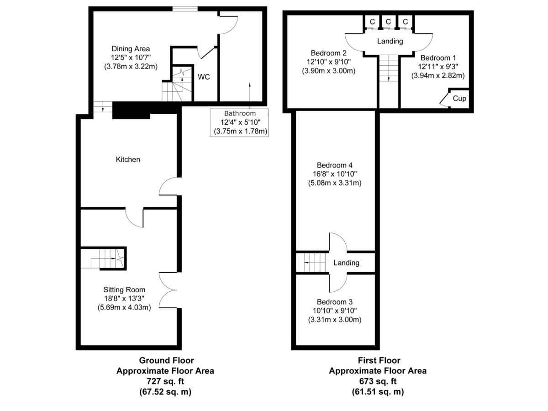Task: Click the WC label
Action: click(x=204, y=77)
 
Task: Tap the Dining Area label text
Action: click(x=131, y=48)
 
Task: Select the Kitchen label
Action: click(x=128, y=159)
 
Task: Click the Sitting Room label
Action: click(x=124, y=290)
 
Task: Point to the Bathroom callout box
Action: click(x=240, y=122)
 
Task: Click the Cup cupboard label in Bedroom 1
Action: click(x=459, y=98)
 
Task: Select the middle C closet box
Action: click(x=388, y=21)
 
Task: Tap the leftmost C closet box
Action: click(x=372, y=21)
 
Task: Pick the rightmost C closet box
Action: click(x=405, y=21)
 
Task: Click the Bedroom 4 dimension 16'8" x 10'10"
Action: click(x=335, y=174)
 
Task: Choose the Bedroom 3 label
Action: click(x=335, y=302)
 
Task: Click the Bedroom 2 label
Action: click(x=328, y=52)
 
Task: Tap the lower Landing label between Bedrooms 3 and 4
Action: click(x=346, y=263)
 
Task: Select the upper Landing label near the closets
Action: click(x=390, y=41)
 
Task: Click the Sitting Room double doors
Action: click(x=168, y=290)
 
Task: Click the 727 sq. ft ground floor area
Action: click(x=165, y=381)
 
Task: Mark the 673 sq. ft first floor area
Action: click(x=378, y=381)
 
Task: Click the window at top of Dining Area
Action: click(x=185, y=8)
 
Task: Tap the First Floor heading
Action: click(x=378, y=360)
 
